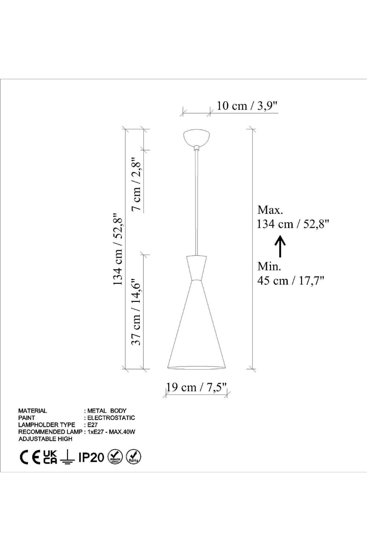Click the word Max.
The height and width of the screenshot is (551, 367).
click(x=270, y=210)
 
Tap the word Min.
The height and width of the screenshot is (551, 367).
click(x=269, y=266)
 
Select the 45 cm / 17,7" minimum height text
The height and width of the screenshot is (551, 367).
click(x=291, y=280)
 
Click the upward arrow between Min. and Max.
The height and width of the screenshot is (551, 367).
click(x=280, y=246)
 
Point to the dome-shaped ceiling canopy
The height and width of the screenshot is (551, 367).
click(x=197, y=138)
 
